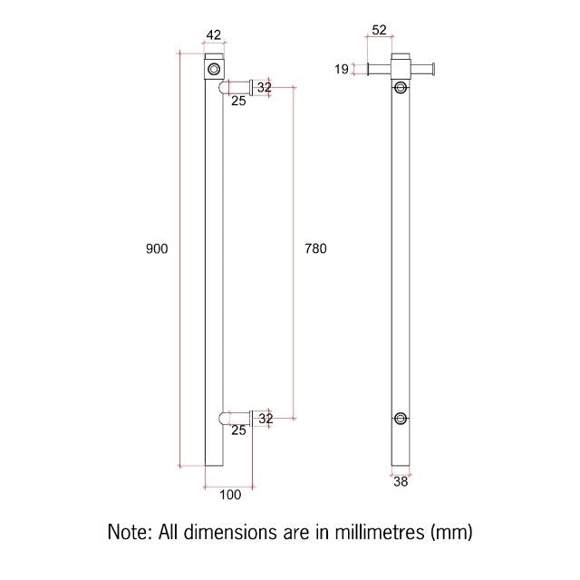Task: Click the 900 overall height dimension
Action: [157, 248]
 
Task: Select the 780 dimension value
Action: [315, 248]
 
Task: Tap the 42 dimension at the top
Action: [214, 35]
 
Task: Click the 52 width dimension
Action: [379, 30]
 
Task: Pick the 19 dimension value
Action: [341, 68]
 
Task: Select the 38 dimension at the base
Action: [401, 482]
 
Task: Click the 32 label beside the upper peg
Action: [264, 87]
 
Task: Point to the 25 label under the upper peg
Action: [237, 100]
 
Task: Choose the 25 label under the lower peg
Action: [237, 430]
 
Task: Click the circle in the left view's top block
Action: [214, 68]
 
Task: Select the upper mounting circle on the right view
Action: [401, 87]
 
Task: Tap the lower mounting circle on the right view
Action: [401, 418]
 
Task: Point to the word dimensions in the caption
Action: [230, 531]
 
